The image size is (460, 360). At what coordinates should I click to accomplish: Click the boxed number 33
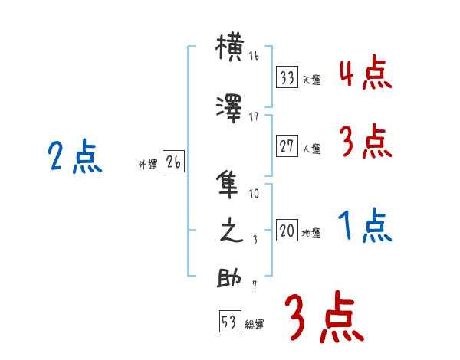click(287, 77)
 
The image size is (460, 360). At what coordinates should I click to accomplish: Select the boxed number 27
click(287, 147)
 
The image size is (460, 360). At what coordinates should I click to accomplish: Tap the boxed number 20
click(287, 231)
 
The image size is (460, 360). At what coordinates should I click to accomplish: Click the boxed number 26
click(174, 163)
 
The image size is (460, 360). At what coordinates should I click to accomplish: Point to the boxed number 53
click(229, 322)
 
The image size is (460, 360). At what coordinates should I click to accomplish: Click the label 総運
click(255, 325)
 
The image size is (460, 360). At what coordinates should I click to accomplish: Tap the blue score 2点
click(74, 159)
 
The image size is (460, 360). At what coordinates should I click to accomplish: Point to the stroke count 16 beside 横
click(254, 56)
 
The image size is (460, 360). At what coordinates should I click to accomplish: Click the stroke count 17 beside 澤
click(254, 116)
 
